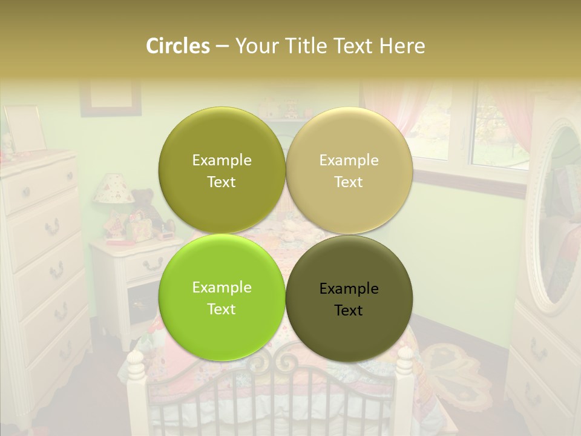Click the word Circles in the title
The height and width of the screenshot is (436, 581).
tap(177, 46)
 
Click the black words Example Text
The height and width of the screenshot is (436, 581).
tap(349, 299)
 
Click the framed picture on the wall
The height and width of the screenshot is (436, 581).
tap(111, 97)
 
